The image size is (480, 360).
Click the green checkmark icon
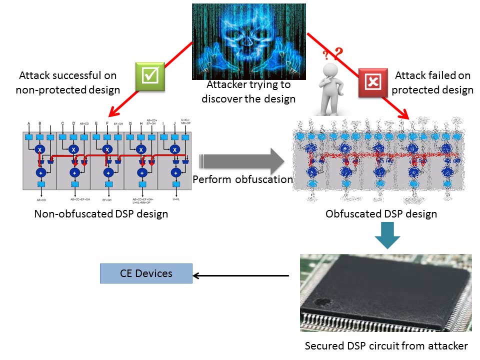pyautogui.click(x=150, y=76)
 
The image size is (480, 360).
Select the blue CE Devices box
pyautogui.click(x=146, y=273)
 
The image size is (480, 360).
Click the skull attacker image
pyautogui.click(x=248, y=40)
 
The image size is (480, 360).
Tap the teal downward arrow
pyautogui.click(x=387, y=234)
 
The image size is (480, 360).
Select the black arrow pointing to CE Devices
pyautogui.click(x=240, y=275)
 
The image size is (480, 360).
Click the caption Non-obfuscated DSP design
pyautogui.click(x=100, y=214)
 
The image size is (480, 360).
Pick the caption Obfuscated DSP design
pyautogui.click(x=381, y=214)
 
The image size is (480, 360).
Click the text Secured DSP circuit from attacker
pyautogui.click(x=386, y=345)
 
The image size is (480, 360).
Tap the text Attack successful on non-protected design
pyautogui.click(x=67, y=83)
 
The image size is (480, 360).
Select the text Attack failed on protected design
pyautogui.click(x=433, y=83)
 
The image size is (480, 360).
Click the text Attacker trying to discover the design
pyautogui.click(x=248, y=91)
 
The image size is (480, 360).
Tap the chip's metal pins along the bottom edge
pyautogui.click(x=380, y=320)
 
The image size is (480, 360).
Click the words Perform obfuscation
pyautogui.click(x=242, y=179)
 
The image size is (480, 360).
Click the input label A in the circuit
pyautogui.click(x=28, y=123)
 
